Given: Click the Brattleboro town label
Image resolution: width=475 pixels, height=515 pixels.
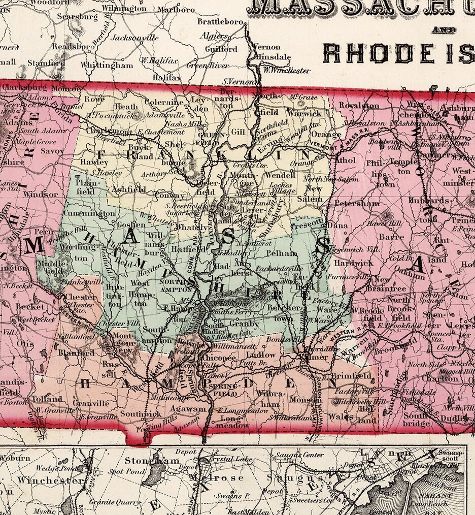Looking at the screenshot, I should point(220,22).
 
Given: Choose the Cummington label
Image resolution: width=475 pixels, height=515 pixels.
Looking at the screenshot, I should point(88,214).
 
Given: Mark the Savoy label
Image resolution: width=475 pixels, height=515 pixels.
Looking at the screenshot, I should point(53,151).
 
